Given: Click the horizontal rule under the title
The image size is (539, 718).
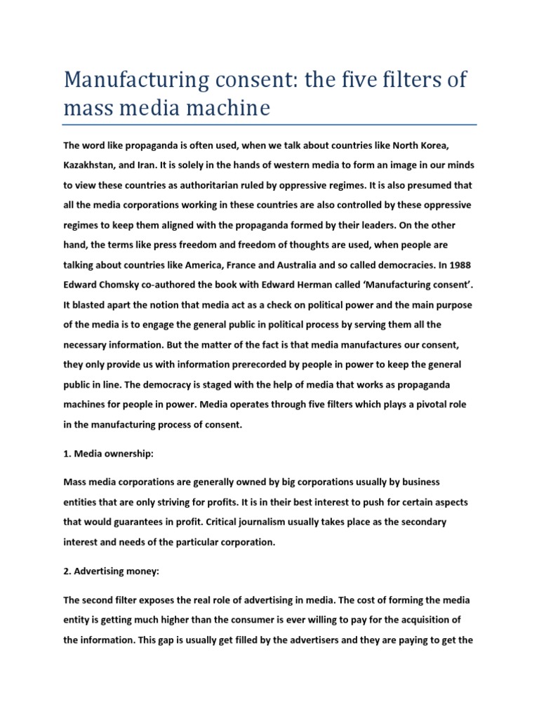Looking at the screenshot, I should (x=269, y=125).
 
